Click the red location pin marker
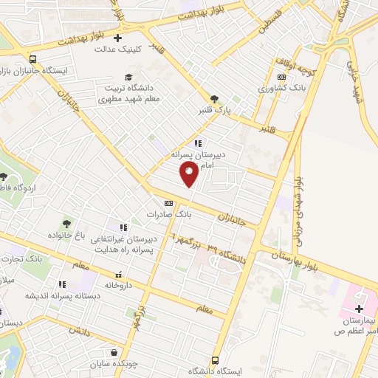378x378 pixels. (x=189, y=173)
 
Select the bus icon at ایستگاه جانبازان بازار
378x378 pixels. (x=32, y=60)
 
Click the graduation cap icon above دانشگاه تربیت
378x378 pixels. (x=128, y=77)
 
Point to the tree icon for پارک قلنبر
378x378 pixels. (x=214, y=98)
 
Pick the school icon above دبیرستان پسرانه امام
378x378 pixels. (x=198, y=143)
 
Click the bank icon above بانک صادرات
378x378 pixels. (x=168, y=202)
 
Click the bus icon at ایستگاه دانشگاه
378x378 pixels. (x=215, y=360)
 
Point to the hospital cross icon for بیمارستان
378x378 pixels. (x=360, y=309)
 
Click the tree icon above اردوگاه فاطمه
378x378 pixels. (x=4, y=176)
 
